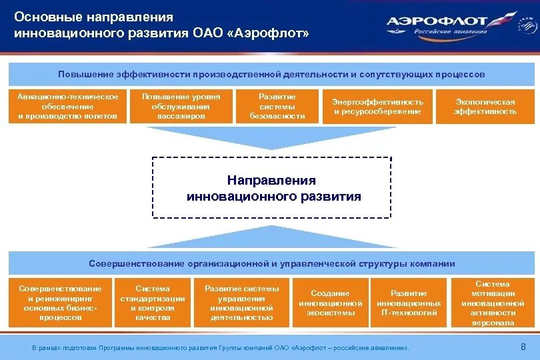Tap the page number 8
[x=523, y=347]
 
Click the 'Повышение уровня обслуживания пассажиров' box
[x=181, y=107]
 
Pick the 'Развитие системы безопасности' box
[x=277, y=107]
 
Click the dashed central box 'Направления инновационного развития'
[x=271, y=188]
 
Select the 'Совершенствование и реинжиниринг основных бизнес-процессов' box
[x=60, y=303]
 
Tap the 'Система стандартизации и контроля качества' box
[x=152, y=303]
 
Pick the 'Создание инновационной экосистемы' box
[x=330, y=303]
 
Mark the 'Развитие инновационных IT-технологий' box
[x=409, y=303]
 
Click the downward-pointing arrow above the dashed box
[x=271, y=138]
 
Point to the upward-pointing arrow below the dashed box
[x=271, y=237]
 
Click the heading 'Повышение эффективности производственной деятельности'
[x=271, y=74]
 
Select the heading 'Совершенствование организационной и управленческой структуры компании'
[x=271, y=263]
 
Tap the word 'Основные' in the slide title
[x=45, y=17]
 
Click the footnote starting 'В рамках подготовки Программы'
[x=220, y=348]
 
